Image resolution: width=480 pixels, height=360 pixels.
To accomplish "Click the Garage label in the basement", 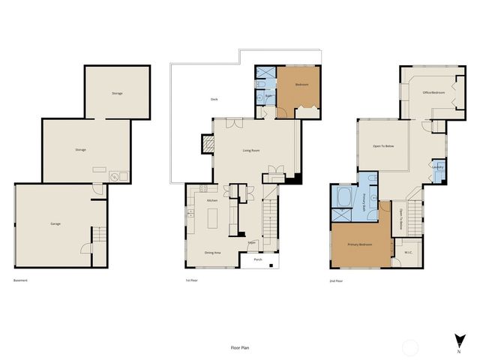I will (55, 224).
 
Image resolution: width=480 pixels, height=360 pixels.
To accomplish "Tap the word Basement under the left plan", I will (21, 280).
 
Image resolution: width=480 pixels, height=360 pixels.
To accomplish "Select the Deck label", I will (214, 100).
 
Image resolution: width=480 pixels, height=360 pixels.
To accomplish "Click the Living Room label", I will (251, 151).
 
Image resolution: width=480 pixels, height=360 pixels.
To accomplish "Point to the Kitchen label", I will (211, 200).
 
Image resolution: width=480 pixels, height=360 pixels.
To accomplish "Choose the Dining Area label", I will (212, 253).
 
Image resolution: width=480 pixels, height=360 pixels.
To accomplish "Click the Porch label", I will (258, 260).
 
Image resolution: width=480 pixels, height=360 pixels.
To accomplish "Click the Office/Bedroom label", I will (433, 92).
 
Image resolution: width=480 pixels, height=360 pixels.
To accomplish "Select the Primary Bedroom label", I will (361, 245).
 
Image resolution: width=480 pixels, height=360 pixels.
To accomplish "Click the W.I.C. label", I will (409, 252).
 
